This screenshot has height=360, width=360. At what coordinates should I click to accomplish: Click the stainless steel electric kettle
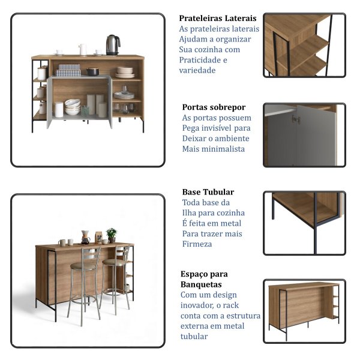[x=113, y=45]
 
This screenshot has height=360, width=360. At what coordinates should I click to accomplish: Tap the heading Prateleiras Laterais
[x=218, y=18]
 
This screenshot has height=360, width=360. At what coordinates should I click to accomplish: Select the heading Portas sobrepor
[x=214, y=107]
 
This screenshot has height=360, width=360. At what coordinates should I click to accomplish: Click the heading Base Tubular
[x=208, y=192]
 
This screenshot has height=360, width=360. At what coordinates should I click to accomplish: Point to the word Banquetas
[x=201, y=284]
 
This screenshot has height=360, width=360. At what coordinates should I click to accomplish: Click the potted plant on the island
[x=112, y=235]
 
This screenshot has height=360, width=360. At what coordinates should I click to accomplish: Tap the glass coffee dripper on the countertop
[x=85, y=238]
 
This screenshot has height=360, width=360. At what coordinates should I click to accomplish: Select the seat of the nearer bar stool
[x=83, y=266]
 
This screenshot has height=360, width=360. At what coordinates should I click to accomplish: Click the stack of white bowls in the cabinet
[x=73, y=107]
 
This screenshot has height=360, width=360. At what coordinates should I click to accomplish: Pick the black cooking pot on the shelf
[x=92, y=71]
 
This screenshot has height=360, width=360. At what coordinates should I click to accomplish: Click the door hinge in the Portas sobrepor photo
[x=296, y=119]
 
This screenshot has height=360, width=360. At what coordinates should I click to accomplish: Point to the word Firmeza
[x=197, y=244]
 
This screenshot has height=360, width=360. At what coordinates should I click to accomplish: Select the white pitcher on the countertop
[x=83, y=50]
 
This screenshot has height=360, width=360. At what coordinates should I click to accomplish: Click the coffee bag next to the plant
[x=98, y=238]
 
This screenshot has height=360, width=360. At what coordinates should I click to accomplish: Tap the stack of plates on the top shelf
[x=125, y=73]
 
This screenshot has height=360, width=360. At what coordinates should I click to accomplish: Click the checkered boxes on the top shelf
[x=68, y=70]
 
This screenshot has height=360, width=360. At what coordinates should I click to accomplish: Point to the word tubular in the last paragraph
[x=194, y=337]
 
